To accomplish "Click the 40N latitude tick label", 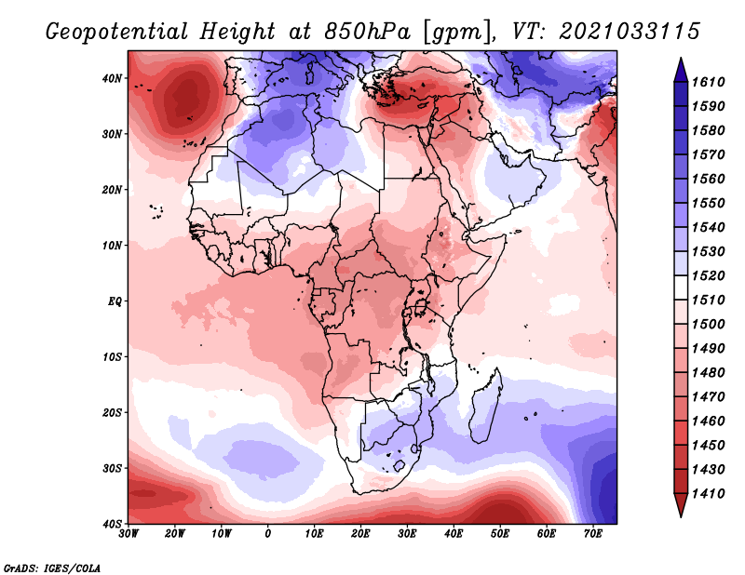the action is point(112,78).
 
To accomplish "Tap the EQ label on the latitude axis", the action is point(115,301).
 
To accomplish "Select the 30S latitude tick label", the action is point(112,469).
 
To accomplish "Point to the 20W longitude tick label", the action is point(174,534).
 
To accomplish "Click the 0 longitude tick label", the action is point(268,534).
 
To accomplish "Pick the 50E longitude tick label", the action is point(500,534).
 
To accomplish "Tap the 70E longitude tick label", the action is point(593,534).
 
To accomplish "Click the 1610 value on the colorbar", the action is point(708,82).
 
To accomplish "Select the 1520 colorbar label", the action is point(708,275).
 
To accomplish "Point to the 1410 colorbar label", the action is point(708,494).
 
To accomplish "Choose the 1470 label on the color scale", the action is point(708,397).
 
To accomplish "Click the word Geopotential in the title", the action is point(117,33).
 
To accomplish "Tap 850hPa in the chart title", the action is point(367,32).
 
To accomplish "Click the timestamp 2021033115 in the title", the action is point(630,32).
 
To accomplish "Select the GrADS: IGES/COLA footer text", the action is point(52,568).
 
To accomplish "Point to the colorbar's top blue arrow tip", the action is point(681,59).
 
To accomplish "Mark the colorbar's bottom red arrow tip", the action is point(681,516).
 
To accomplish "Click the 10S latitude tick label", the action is point(112,357).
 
